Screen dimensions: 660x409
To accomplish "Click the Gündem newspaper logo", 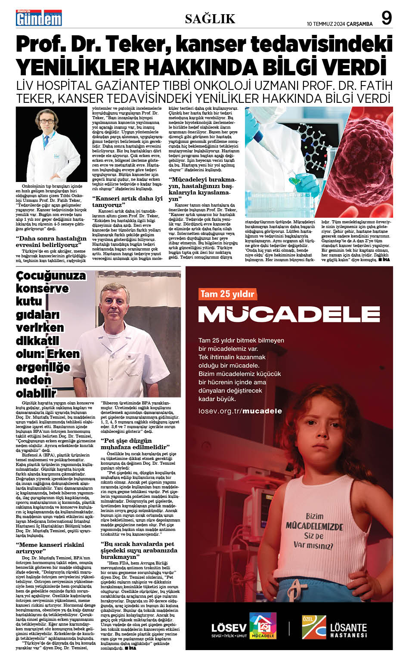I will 39,18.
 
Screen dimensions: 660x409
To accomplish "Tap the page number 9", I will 387,19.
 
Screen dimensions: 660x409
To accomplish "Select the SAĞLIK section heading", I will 210,19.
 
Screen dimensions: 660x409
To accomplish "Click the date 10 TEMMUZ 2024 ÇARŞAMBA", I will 340,24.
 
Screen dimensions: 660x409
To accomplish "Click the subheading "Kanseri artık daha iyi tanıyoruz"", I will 127,201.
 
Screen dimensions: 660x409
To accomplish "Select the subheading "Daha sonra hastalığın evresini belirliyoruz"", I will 51,241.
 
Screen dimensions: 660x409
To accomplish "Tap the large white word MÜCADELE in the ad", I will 289,314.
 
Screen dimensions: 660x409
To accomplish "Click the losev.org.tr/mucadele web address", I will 240,411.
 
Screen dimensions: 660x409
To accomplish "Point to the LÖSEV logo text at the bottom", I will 229,627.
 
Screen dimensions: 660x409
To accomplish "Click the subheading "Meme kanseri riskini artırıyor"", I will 50,548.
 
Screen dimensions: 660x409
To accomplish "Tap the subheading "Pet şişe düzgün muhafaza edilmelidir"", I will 135,444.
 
